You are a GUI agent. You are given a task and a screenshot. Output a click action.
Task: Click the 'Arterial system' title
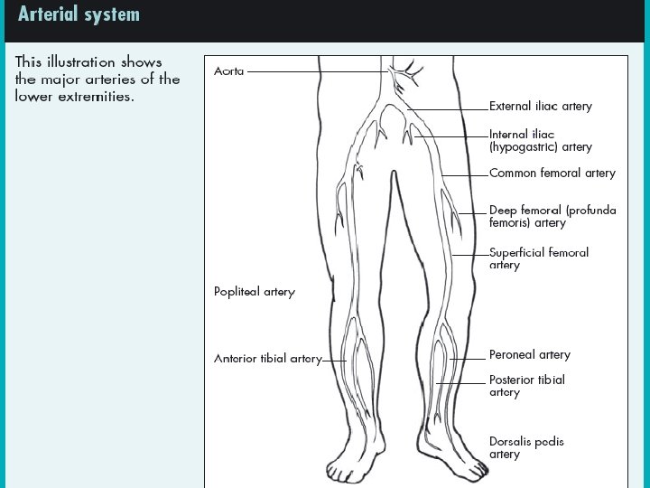(x=79, y=14)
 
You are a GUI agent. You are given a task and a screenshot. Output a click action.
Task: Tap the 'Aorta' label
(x=229, y=70)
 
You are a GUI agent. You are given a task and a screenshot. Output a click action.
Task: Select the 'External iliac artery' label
(x=541, y=106)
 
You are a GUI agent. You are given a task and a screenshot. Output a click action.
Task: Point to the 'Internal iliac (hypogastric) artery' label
(x=541, y=139)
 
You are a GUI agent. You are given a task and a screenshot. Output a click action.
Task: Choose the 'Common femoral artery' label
(x=552, y=173)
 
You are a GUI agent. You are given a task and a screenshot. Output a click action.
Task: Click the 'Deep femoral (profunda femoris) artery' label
(x=552, y=216)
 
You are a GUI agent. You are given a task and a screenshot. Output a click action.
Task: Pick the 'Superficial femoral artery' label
(x=539, y=258)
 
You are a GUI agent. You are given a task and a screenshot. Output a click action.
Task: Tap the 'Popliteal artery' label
(x=255, y=292)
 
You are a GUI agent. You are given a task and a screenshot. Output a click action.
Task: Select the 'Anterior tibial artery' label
(x=267, y=359)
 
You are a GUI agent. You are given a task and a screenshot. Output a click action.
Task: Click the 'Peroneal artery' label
(x=530, y=355)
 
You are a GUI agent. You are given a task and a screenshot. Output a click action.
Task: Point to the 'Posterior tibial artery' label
(x=527, y=386)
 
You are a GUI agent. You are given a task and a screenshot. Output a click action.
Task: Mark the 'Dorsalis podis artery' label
(x=526, y=447)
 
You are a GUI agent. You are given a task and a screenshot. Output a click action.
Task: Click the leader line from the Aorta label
(x=316, y=70)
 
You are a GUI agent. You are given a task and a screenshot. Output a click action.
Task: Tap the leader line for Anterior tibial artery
(x=334, y=360)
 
